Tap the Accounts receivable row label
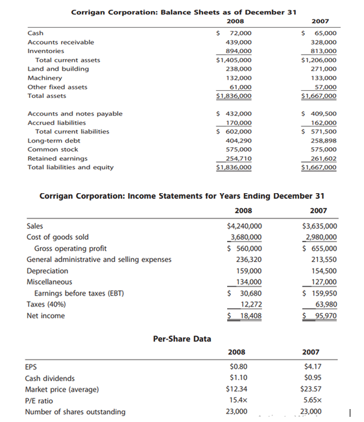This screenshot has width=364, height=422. tap(60, 42)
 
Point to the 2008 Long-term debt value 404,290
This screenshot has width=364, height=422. tap(239, 140)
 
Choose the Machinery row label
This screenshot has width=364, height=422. tap(45, 77)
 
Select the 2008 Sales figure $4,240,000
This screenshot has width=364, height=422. tap(245, 226)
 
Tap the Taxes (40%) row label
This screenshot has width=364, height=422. tap(47, 304)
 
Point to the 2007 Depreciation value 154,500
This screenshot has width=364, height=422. tap(321, 271)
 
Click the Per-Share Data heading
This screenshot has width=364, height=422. tap(182, 338)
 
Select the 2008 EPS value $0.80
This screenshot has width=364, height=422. tap(238, 366)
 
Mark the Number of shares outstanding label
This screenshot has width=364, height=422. tap(75, 412)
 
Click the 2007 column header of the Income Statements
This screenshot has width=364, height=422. tap(318, 211)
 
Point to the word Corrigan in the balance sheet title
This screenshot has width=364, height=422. tap(90, 12)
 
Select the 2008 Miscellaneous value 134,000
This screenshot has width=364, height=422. tap(247, 282)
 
